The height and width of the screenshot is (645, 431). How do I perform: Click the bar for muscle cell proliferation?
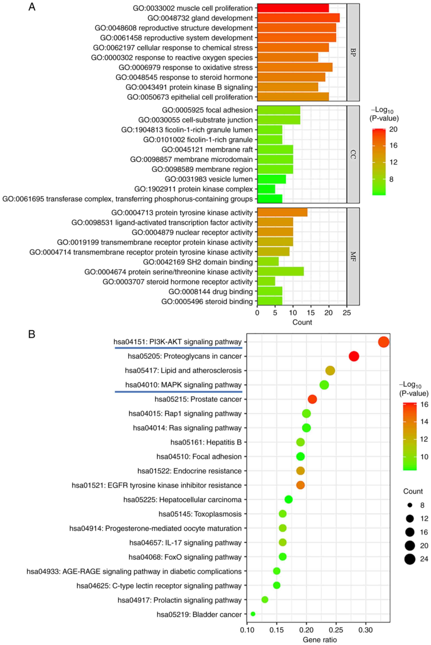click(293, 8)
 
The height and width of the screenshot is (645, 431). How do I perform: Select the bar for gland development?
click(298, 18)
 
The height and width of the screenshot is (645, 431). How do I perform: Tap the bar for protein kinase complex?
click(266, 189)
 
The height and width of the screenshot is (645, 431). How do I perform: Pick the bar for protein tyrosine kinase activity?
click(282, 213)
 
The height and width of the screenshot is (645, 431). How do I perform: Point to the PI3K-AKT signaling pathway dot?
click(383, 342)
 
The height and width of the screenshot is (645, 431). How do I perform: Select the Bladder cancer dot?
click(253, 614)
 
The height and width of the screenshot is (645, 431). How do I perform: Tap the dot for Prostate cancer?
click(312, 399)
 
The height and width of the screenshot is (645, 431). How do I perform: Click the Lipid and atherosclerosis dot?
click(330, 371)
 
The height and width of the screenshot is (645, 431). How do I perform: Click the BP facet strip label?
click(353, 52)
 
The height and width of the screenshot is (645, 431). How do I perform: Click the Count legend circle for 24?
click(410, 559)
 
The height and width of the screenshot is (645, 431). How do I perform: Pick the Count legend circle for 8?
click(410, 505)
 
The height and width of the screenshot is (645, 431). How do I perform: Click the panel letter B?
click(32, 334)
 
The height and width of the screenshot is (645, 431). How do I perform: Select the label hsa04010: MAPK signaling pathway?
click(183, 385)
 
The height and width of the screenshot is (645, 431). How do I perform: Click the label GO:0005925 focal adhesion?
click(207, 110)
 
